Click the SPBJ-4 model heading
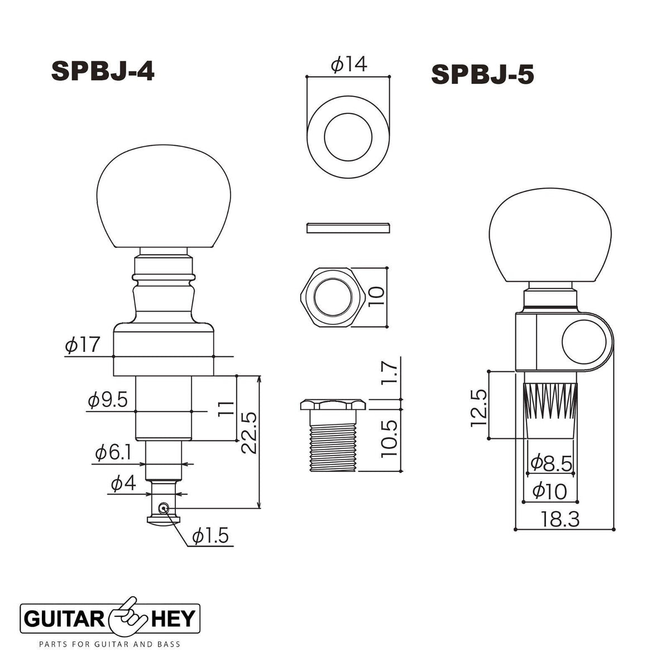[103, 71]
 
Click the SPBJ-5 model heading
[482, 75]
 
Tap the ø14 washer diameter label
[349, 64]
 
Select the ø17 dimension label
[83, 344]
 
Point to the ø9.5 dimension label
[108, 400]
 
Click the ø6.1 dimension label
[113, 453]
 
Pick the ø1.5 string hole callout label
[210, 536]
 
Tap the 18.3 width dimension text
[560, 519]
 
